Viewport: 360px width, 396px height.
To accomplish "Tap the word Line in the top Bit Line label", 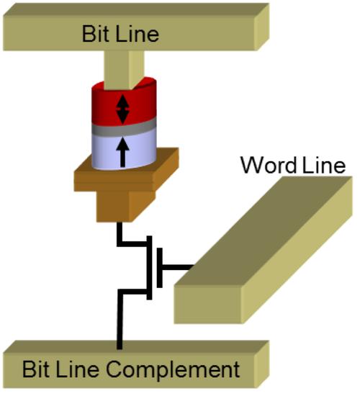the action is tap(138, 34).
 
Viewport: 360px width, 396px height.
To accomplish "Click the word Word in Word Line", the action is tap(269, 165).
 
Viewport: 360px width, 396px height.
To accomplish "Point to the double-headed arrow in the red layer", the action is tap(122, 109).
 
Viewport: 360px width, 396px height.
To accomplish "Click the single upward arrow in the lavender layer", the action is tap(123, 153).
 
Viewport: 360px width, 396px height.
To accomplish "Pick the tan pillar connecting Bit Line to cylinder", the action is tap(125, 68).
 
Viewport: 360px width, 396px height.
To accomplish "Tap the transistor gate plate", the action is tap(159, 268).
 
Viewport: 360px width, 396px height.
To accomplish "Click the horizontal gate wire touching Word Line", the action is tap(178, 267).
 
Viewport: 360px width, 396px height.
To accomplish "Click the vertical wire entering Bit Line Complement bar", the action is tap(120, 320).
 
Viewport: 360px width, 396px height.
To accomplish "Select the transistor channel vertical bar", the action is tap(149, 268).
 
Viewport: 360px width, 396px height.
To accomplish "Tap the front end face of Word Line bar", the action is tap(208, 304).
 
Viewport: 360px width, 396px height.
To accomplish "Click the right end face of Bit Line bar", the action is tap(262, 27).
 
